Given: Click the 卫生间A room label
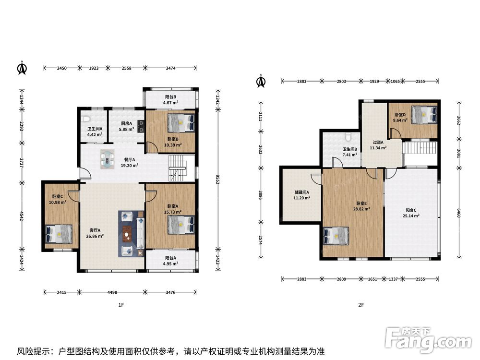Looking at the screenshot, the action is tap(95, 129).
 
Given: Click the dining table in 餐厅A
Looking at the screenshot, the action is tap(108, 159).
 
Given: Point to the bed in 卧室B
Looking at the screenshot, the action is tap(181, 123).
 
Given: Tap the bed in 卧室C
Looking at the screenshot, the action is tap(59, 234).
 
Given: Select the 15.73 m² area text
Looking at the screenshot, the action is tap(173, 212).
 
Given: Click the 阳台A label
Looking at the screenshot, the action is tap(170, 258).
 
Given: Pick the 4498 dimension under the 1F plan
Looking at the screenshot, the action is tap(112, 292).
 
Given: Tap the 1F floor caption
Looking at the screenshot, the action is tap(121, 305).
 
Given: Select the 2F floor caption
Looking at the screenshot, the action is tap(361, 305).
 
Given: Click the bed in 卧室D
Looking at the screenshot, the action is tap(424, 115).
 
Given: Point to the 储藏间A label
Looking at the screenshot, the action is tap(302, 192).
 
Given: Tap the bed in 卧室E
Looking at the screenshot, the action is tap(336, 236).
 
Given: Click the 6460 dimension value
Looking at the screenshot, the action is tap(459, 213).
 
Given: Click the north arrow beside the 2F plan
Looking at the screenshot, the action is tap(261, 81).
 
